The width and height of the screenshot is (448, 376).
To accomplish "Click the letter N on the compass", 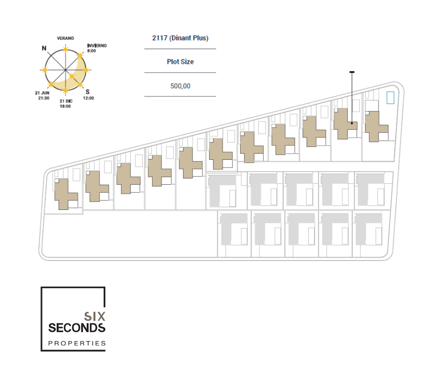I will [44, 48].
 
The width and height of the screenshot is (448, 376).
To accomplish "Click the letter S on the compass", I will [87, 92].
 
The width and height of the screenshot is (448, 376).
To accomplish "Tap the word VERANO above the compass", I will [65, 38].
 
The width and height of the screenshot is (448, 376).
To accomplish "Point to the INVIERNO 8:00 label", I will [97, 48].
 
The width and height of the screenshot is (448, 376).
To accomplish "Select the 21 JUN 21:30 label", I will [42, 95].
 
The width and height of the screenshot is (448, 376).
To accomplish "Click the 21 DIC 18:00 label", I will [65, 104].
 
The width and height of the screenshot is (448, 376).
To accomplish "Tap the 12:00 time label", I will [89, 98].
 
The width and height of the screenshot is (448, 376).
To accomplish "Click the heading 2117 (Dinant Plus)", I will [180, 38].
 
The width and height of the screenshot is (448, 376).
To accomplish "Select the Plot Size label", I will [180, 62].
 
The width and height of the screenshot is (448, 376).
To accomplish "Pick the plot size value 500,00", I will [180, 86].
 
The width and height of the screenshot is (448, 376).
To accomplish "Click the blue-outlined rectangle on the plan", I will [390, 97].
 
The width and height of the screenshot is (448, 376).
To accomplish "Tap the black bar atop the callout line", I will [352, 73].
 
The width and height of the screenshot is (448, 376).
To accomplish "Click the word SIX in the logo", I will [94, 316].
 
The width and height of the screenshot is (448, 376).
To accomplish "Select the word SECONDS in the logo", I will [77, 328].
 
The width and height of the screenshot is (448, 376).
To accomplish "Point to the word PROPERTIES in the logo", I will [77, 343].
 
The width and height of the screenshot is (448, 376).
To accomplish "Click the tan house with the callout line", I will [345, 124].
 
